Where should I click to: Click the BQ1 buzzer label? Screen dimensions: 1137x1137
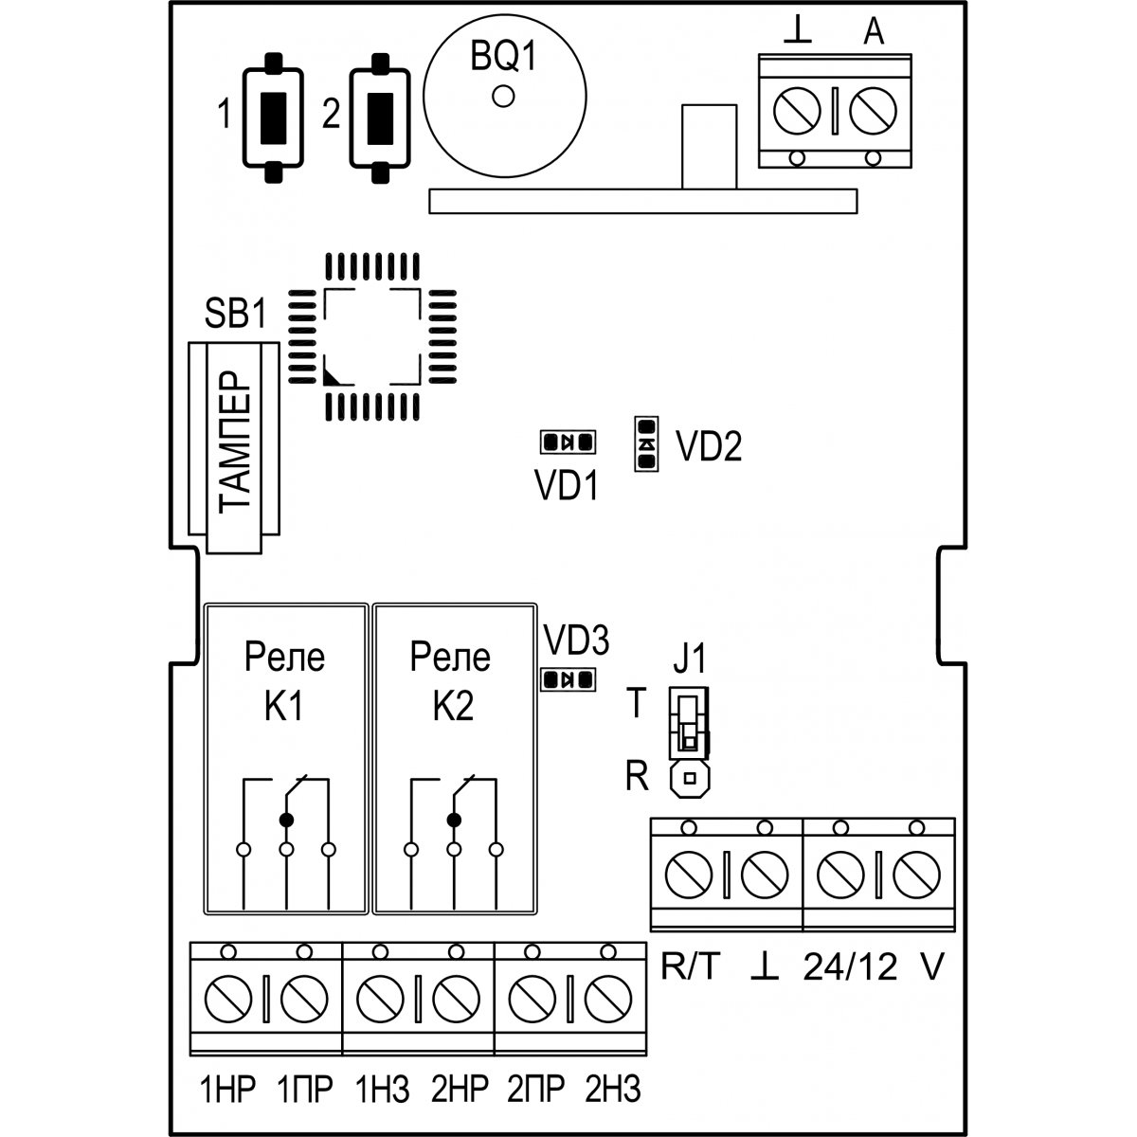coord(503,60)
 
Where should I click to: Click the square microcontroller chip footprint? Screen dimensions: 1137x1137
coord(372,336)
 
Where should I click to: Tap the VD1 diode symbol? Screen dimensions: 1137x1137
coord(567,442)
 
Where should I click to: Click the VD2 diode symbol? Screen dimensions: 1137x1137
coord(646,443)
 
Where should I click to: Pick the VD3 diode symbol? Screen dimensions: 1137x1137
coord(567,679)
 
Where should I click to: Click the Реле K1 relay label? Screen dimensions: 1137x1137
coord(284,680)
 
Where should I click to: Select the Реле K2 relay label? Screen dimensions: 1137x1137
coord(451,680)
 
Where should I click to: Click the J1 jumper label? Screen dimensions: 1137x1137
coord(690,658)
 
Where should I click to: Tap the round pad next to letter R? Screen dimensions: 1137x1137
coord(690,779)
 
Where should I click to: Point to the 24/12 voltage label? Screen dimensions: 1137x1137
coord(850,969)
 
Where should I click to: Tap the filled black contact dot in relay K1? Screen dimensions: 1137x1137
coord(286,818)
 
